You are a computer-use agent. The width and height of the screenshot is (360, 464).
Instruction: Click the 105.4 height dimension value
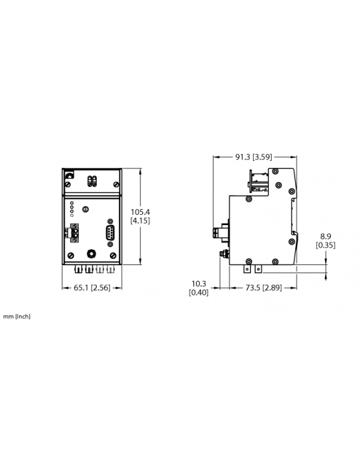(x=140, y=211)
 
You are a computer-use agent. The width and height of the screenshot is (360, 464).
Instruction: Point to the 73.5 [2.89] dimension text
(x=265, y=287)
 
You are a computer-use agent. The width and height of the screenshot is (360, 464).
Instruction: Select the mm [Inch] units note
(x=17, y=317)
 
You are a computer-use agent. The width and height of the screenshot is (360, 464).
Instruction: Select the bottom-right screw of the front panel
(x=113, y=255)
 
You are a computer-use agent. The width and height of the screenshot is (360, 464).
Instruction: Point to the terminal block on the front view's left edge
(x=74, y=233)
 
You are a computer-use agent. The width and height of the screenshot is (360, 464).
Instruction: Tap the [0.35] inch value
(x=327, y=245)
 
